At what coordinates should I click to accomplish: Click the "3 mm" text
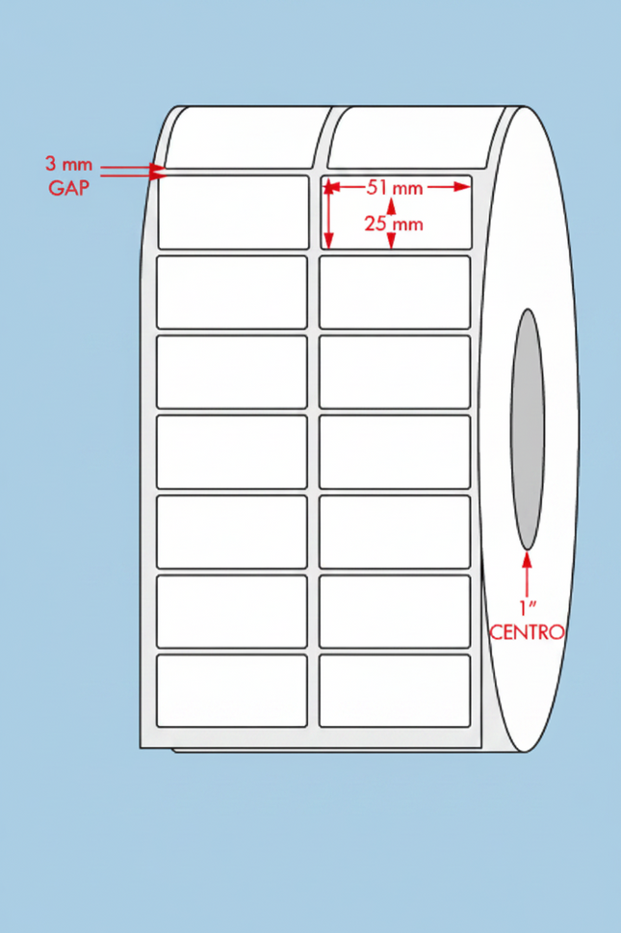coord(69,164)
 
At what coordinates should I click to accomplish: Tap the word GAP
coord(69,188)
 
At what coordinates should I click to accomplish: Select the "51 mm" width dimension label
coord(395,188)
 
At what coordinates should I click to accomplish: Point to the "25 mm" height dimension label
coord(394,225)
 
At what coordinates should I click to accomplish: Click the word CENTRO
coord(527,632)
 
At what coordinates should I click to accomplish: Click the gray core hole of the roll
coord(527,429)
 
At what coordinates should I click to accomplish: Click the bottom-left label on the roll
coord(232,691)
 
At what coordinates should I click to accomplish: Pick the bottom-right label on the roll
coord(395,691)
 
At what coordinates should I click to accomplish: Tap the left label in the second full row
coord(232,292)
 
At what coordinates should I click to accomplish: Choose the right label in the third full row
coord(395,372)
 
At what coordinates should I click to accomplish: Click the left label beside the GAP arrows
coord(234,212)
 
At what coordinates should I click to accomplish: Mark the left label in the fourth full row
coord(232,452)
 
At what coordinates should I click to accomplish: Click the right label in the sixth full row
coord(395,611)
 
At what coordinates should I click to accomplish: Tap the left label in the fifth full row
coord(232,531)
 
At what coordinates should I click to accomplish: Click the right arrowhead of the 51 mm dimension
coord(462,187)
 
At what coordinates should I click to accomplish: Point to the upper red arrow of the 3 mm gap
coord(133,167)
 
